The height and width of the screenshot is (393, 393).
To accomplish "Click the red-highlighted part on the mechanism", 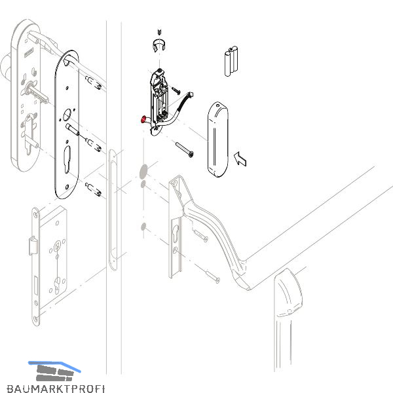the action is [144, 120].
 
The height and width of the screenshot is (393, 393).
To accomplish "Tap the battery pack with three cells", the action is [231, 61].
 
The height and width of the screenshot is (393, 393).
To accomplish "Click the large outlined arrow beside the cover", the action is [240, 159].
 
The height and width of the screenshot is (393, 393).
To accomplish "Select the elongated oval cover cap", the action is [218, 140].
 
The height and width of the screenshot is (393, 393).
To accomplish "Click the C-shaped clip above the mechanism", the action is [159, 45].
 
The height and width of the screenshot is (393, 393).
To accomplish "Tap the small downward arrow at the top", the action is [160, 33].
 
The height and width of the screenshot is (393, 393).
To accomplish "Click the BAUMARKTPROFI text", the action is [56, 388].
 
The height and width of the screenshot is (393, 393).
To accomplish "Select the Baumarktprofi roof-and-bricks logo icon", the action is [54, 371].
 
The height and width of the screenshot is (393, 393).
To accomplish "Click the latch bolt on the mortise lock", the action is [33, 246].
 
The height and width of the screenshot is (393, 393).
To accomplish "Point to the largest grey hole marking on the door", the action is [143, 172].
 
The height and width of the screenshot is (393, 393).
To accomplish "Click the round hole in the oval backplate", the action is [67, 115].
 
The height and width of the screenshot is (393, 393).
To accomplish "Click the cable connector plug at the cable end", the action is [190, 96].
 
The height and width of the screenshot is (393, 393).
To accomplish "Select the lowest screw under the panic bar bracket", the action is [212, 276].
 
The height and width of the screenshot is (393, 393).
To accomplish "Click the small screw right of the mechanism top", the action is [176, 90].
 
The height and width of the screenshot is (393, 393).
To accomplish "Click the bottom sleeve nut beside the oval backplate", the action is [93, 189].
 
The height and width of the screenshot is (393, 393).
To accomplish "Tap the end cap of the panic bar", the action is [288, 293].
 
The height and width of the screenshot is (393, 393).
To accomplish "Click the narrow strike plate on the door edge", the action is [113, 210].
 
